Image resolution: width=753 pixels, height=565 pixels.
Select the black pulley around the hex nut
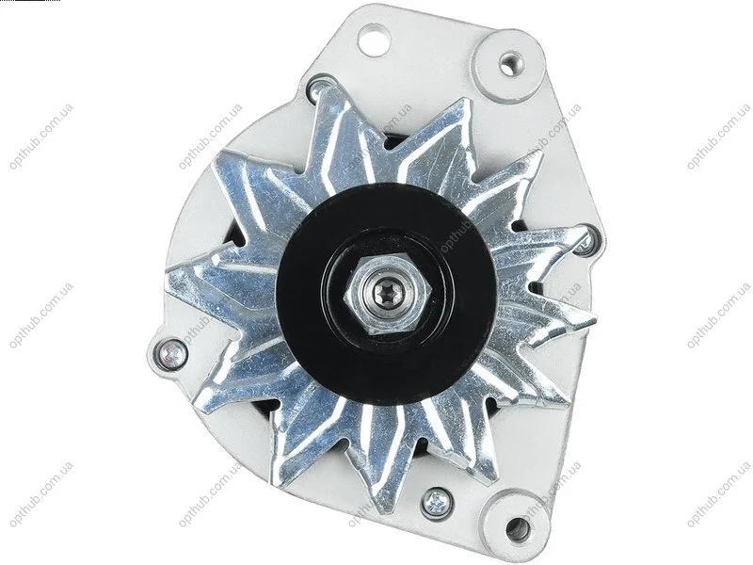(x=387, y=294)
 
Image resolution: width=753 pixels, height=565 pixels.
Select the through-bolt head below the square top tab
(x=318, y=88)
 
